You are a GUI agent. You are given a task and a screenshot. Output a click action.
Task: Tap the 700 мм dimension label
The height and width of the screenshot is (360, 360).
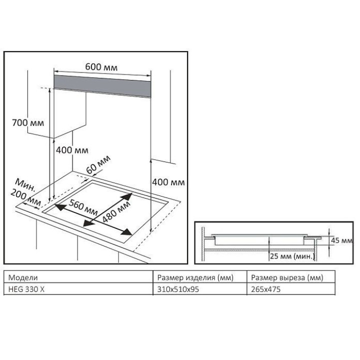coord(27,122)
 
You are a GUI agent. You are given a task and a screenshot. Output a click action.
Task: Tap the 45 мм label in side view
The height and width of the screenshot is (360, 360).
coord(341,240)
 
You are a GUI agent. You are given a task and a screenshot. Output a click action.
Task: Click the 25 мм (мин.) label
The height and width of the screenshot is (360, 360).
coord(292,256)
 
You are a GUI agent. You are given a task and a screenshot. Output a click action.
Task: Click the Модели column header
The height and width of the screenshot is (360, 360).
coord(23,277)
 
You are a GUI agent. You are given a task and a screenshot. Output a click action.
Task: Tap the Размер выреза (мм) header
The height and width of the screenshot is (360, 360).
coord(287,277)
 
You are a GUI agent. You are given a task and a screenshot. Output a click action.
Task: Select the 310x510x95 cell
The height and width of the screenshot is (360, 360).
coord(174,288)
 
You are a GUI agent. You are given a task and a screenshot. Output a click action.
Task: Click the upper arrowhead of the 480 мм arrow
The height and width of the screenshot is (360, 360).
coord(129,196)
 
